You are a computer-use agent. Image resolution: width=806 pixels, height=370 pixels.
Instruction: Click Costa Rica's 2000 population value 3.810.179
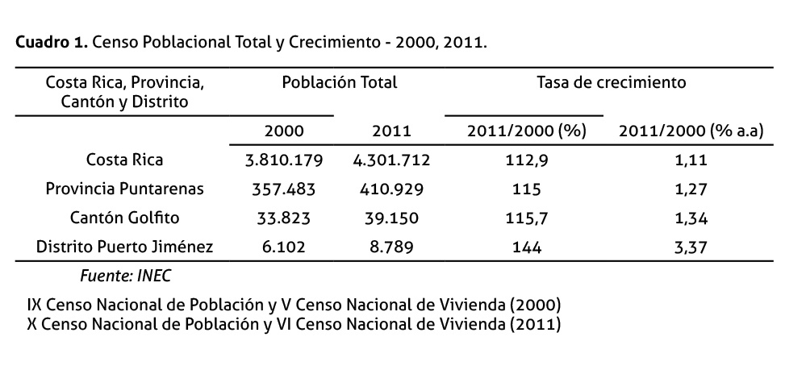coord(283,160)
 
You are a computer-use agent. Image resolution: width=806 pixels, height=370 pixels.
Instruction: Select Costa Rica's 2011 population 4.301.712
coord(391,160)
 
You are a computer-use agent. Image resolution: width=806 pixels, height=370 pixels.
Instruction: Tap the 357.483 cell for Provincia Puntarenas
coord(283,189)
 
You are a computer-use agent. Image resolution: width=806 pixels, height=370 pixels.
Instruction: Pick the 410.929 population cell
coord(391,189)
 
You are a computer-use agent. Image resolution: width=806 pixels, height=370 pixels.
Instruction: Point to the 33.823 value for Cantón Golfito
coord(283,218)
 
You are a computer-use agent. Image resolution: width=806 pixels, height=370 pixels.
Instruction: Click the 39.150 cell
coord(391,218)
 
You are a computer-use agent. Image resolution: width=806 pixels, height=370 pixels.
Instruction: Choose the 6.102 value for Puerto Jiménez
coord(283,247)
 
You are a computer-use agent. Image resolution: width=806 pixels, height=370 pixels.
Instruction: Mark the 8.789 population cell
coord(391,247)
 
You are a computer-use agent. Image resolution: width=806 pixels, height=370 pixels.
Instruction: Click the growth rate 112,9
coord(525,160)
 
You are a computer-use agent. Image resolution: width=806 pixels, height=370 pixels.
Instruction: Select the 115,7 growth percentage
coord(525,218)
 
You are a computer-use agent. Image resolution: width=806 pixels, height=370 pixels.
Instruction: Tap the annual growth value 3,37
coord(691,247)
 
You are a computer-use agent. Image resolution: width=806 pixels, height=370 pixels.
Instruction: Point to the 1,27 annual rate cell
coord(691,189)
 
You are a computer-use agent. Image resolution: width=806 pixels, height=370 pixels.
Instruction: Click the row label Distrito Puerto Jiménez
coord(124,247)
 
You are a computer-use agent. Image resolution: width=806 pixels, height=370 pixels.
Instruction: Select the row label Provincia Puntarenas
coord(124,189)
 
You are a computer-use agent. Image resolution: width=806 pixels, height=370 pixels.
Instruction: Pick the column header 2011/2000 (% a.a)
coord(691,131)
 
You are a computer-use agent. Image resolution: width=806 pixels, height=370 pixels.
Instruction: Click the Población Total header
coord(339,82)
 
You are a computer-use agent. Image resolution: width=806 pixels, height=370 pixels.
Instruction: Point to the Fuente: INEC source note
coord(125,276)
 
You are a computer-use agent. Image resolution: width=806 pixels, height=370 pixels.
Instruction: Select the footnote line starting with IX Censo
coord(294,306)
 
